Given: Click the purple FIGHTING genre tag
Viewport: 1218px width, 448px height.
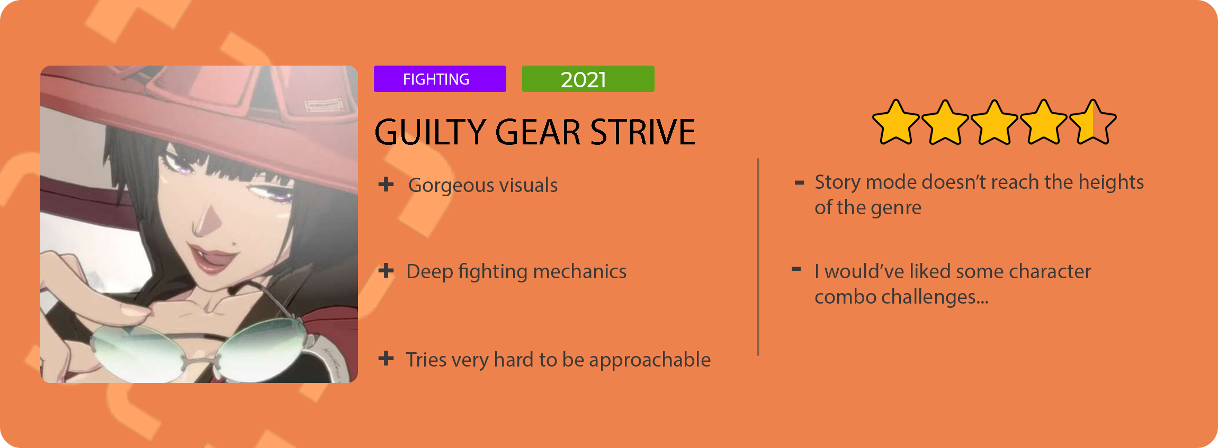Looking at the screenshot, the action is click(x=440, y=79).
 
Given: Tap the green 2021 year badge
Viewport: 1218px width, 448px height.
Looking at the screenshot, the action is click(x=588, y=79).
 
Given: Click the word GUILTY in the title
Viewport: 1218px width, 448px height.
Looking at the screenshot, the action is click(x=430, y=132).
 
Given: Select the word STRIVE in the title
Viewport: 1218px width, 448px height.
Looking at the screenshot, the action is click(x=642, y=132).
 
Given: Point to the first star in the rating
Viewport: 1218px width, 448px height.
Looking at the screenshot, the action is click(x=895, y=123).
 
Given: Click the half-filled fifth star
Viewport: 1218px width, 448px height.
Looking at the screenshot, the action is click(x=1092, y=123).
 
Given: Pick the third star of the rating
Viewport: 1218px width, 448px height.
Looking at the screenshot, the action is click(x=994, y=123).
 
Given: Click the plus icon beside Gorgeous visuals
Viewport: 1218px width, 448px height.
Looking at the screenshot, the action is click(x=386, y=184).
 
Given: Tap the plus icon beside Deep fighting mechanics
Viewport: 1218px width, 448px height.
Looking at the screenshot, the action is click(x=386, y=271).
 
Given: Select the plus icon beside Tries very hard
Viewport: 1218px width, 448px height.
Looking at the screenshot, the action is click(x=386, y=359).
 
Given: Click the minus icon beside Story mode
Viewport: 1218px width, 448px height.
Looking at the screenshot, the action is click(x=800, y=183).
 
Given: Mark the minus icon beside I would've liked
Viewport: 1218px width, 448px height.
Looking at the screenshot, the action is click(x=796, y=269).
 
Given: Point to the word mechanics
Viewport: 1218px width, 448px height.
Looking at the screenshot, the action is click(x=580, y=271).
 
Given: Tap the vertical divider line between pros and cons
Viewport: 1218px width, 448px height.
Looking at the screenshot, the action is click(x=758, y=257).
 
